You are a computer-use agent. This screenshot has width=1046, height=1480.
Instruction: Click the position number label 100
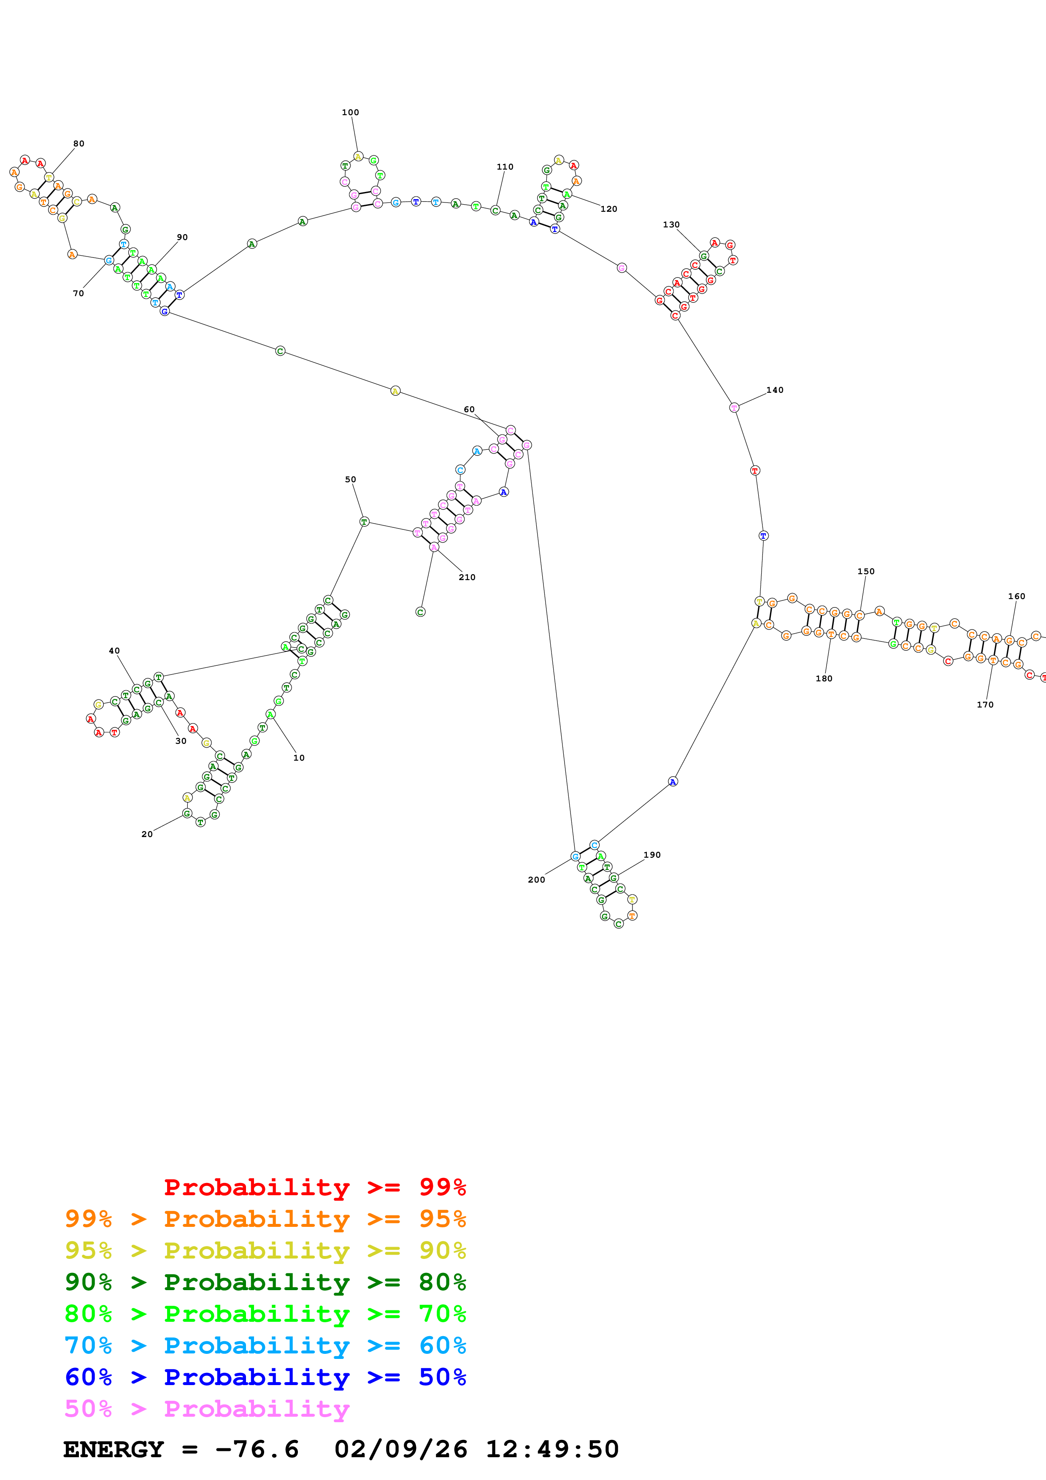[350, 112]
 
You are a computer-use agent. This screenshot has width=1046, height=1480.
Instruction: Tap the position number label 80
[78, 144]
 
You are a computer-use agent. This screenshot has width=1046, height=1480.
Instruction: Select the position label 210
[467, 577]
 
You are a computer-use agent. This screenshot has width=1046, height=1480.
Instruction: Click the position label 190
[651, 855]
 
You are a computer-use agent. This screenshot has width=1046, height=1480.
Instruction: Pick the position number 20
[147, 834]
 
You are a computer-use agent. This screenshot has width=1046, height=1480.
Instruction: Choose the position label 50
[350, 480]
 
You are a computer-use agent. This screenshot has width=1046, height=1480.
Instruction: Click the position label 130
[671, 225]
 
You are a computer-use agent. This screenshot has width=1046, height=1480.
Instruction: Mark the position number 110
[505, 167]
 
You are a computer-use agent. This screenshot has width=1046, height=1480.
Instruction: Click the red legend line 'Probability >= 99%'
[314, 1187]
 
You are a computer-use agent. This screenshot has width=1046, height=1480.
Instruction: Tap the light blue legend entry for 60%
[265, 1346]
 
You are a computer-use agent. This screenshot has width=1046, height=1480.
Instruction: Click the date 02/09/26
[400, 1450]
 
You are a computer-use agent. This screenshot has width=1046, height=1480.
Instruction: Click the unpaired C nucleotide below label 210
[420, 612]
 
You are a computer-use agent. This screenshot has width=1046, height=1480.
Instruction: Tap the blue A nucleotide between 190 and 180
[672, 781]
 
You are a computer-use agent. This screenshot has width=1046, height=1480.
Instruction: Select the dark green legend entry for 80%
[265, 1282]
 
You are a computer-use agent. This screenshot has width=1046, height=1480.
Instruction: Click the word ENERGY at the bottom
[114, 1450]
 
